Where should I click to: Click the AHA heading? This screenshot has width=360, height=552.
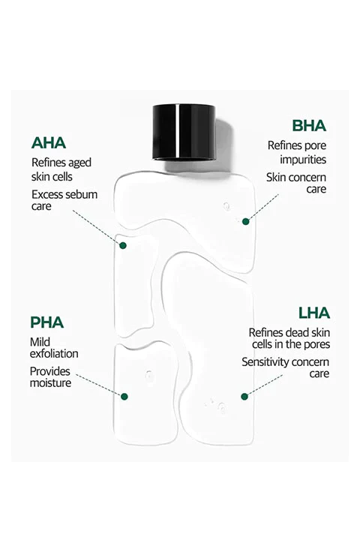click(x=49, y=143)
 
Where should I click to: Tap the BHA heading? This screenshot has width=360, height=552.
click(x=309, y=126)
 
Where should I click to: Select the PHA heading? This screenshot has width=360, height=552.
click(x=46, y=322)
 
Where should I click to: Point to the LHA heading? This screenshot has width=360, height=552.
click(x=314, y=313)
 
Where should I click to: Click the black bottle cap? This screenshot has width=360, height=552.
click(x=184, y=132)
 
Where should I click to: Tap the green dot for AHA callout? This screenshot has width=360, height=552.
click(x=123, y=245)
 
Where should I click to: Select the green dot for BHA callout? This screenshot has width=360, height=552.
click(x=246, y=221)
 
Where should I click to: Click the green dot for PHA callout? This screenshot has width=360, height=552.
click(x=124, y=397)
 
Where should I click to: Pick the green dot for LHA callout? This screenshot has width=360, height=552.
click(x=244, y=397)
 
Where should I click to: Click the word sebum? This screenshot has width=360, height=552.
click(x=82, y=195)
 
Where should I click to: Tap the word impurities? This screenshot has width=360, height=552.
click(x=303, y=160)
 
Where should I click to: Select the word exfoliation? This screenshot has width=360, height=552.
click(x=54, y=353)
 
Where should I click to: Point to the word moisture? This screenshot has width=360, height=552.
click(x=51, y=383)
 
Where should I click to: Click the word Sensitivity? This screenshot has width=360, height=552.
click(x=264, y=362)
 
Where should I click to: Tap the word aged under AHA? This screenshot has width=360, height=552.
click(x=79, y=163)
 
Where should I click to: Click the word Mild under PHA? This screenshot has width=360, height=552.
click(x=40, y=342)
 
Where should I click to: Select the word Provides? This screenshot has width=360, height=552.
click(x=50, y=371)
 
